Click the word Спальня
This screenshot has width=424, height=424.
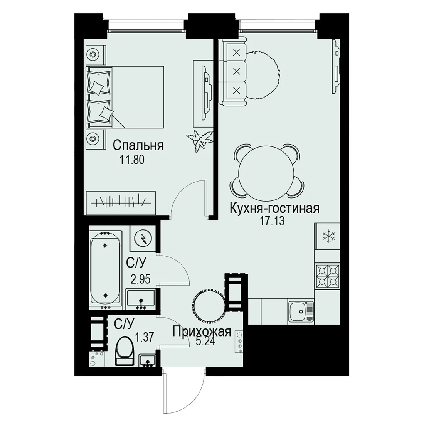138,146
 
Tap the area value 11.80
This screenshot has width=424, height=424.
132,160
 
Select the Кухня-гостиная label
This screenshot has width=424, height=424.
274,209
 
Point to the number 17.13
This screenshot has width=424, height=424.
272,221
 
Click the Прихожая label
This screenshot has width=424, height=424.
202,331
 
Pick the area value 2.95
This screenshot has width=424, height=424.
140,279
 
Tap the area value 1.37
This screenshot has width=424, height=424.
145,337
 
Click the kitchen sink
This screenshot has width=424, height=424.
301,311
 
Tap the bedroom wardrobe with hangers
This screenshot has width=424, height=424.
121,203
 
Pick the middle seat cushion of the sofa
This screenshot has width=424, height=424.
237,72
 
